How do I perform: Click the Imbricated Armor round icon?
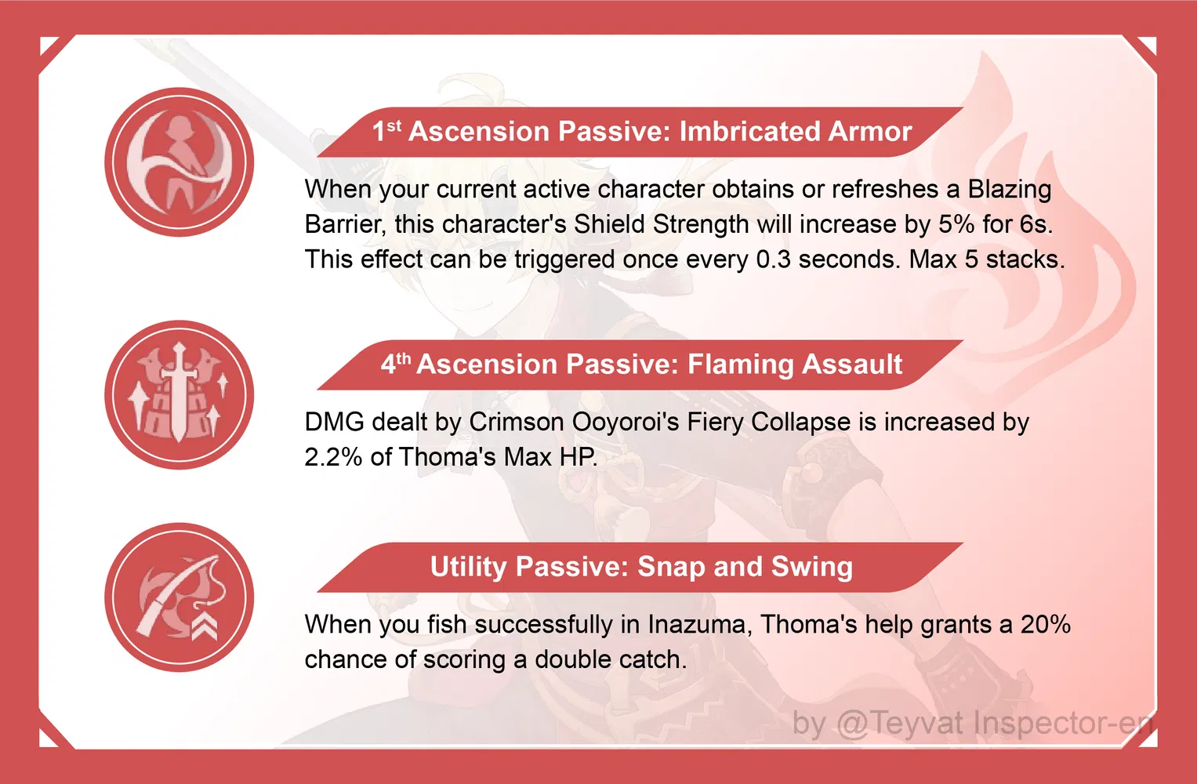click(180, 162)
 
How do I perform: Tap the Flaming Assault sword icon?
click(180, 394)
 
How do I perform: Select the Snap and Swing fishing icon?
click(180, 597)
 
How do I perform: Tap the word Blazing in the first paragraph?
click(1010, 190)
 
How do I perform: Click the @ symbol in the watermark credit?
click(852, 723)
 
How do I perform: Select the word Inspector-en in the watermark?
click(1063, 723)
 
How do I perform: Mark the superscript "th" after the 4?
click(404, 358)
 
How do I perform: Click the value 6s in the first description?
click(1035, 224)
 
